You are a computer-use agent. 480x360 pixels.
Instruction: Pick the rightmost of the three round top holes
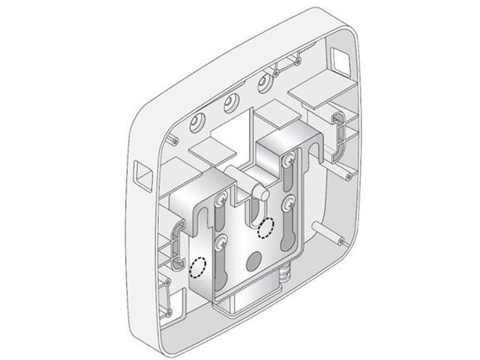click(x=264, y=80)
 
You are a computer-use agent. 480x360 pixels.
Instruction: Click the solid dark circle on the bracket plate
click(x=252, y=261)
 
